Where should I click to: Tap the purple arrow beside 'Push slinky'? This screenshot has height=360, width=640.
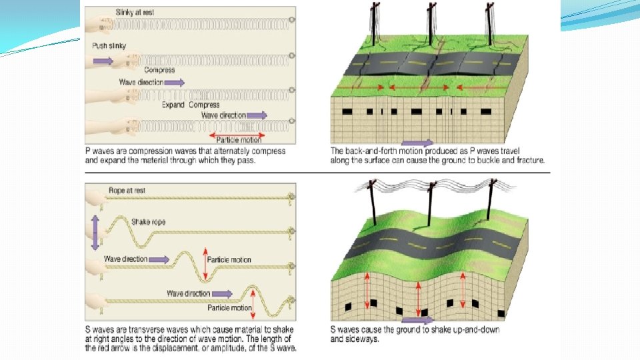pyautogui.click(x=103, y=61)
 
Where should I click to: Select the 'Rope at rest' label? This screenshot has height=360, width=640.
pyautogui.click(x=127, y=191)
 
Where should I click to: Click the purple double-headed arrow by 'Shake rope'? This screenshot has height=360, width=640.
pyautogui.click(x=95, y=233)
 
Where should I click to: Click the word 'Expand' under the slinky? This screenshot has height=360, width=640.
pyautogui.click(x=173, y=105)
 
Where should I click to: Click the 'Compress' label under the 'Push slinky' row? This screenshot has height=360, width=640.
pyautogui.click(x=159, y=70)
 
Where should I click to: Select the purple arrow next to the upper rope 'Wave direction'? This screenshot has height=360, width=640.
pyautogui.click(x=159, y=259)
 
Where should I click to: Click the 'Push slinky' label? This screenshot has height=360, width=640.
pyautogui.click(x=109, y=45)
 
